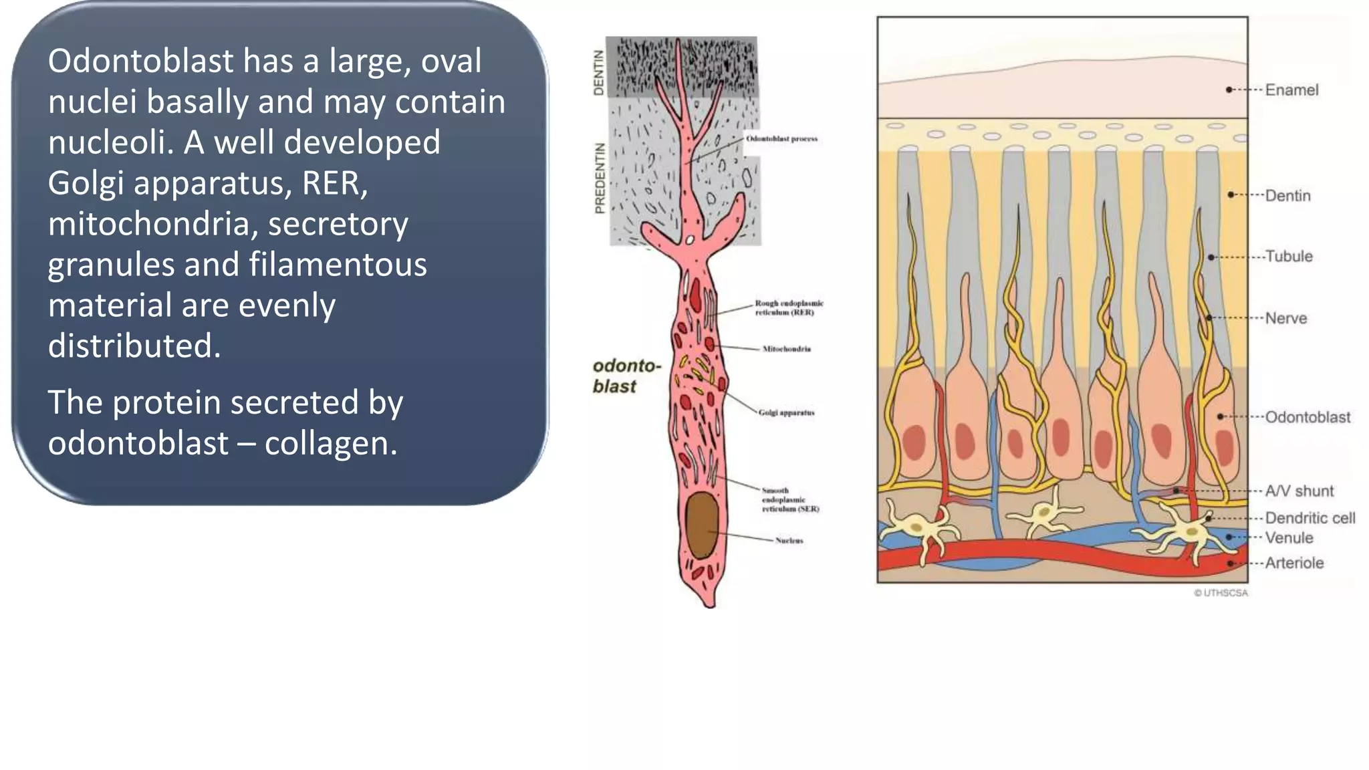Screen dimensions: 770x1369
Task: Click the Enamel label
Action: (x=1291, y=90)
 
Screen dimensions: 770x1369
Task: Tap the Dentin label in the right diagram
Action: (x=1287, y=196)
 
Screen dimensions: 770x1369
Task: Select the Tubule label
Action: (x=1288, y=257)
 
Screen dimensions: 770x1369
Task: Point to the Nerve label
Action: (x=1285, y=318)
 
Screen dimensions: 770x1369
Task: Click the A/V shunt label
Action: (x=1299, y=491)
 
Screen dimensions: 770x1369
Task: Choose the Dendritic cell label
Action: (x=1310, y=518)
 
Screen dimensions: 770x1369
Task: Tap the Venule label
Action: (x=1289, y=538)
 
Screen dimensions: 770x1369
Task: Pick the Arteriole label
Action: (x=1294, y=563)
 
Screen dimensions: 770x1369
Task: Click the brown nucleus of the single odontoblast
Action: (x=702, y=525)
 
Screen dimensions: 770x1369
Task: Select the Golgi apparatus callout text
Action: (x=786, y=413)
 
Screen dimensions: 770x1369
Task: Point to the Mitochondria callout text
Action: (x=786, y=349)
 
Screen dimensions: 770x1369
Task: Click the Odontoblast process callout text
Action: (x=781, y=139)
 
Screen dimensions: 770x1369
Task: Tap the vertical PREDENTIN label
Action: (x=600, y=178)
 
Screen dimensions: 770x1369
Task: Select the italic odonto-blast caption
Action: (x=626, y=376)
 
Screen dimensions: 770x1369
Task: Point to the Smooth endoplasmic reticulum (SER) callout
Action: (x=790, y=500)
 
